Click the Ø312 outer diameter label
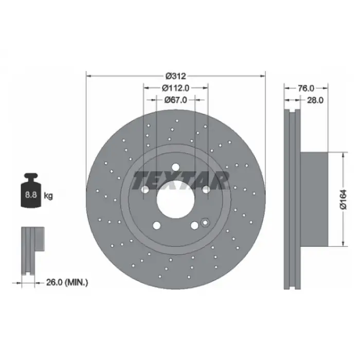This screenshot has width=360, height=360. [176, 76]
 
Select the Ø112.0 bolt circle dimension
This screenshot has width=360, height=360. [176, 88]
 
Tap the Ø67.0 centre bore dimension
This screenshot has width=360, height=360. [176, 100]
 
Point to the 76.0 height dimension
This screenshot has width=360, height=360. [306, 88]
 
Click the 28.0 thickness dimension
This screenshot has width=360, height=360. [315, 100]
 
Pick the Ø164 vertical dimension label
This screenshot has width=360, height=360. [344, 200]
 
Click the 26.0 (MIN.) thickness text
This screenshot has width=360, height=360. [67, 282]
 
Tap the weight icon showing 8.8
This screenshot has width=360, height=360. [31, 190]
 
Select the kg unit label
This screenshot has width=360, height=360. [48, 196]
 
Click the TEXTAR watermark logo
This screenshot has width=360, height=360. [181, 181]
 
